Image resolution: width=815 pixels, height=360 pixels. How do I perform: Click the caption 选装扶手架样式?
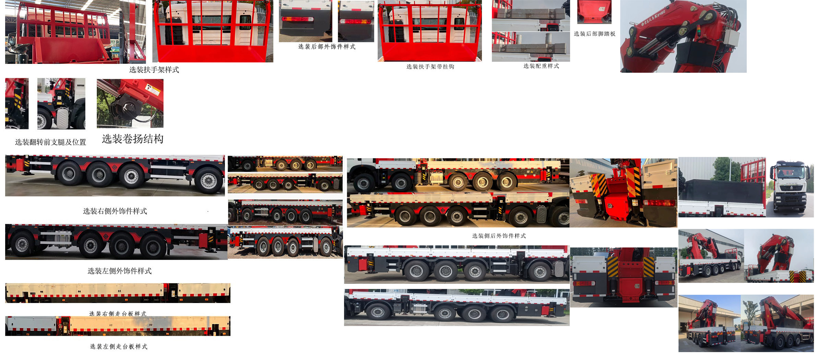pyautogui.click(x=154, y=70)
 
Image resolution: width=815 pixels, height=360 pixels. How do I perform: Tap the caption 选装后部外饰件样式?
pyautogui.click(x=327, y=47)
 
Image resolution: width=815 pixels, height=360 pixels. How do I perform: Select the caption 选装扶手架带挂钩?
pyautogui.click(x=430, y=67)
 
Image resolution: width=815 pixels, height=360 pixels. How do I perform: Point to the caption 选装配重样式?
pyautogui.click(x=541, y=66)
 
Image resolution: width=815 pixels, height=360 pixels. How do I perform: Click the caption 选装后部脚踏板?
pyautogui.click(x=594, y=34)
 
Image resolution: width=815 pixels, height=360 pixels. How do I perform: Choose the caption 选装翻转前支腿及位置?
pyautogui.click(x=50, y=142)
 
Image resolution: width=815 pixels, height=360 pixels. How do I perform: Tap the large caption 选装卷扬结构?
pyautogui.click(x=132, y=139)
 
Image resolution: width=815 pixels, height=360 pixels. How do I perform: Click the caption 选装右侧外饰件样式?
pyautogui.click(x=115, y=211)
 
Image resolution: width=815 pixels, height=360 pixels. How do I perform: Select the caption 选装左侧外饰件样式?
pyautogui.click(x=119, y=271)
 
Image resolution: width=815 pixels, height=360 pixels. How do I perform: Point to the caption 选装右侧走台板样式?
pyautogui.click(x=118, y=313)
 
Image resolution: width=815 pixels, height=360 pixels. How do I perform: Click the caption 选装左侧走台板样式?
pyautogui.click(x=119, y=347)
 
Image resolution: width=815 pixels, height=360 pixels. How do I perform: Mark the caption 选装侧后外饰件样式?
pyautogui.click(x=499, y=236)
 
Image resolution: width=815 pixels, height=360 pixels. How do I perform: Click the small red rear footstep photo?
pyautogui.click(x=594, y=12)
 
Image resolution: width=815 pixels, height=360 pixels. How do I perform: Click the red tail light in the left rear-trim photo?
pyautogui.click(x=297, y=19)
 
